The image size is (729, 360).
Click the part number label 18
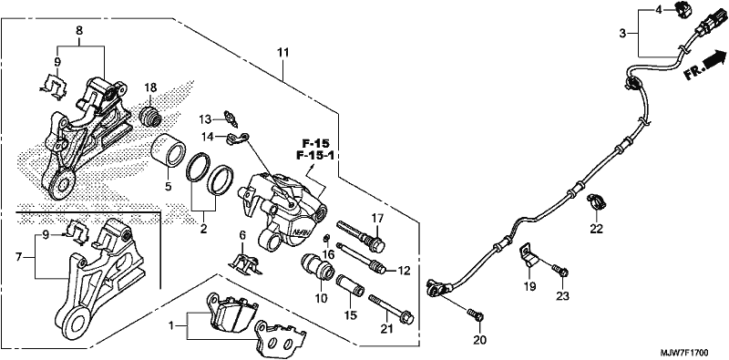tap(150, 87)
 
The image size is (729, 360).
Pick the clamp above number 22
tap(596, 201)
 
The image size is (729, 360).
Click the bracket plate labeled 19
tap(529, 256)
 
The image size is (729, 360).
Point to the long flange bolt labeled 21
tap(391, 309)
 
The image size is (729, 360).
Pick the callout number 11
tap(283, 53)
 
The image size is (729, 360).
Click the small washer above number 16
tap(327, 240)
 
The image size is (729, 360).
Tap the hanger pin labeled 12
tap(362, 259)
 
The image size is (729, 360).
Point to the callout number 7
tap(18, 258)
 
